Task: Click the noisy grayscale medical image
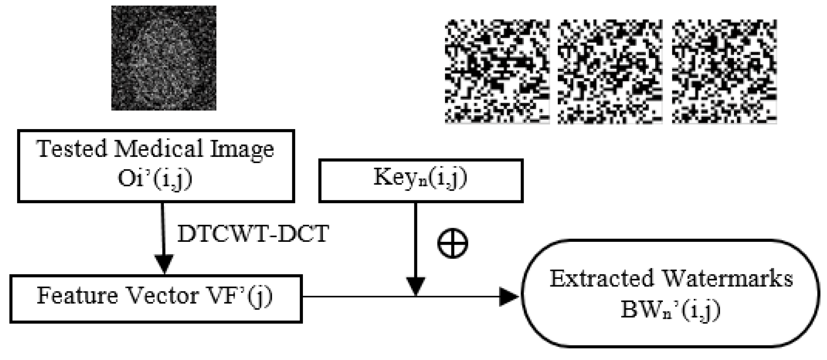[x=164, y=58]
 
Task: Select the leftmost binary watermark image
[x=497, y=71]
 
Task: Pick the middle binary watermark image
[x=610, y=71]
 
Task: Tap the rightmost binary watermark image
[x=724, y=71]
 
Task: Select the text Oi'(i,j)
[x=155, y=179]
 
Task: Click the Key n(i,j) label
[x=420, y=178]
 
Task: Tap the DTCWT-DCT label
[x=253, y=234]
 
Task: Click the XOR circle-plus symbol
[x=453, y=243]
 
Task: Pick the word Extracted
[x=601, y=279]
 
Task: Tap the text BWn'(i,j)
[x=670, y=310]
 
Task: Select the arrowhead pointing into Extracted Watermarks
[x=508, y=297]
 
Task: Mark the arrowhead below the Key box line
[x=416, y=286]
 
